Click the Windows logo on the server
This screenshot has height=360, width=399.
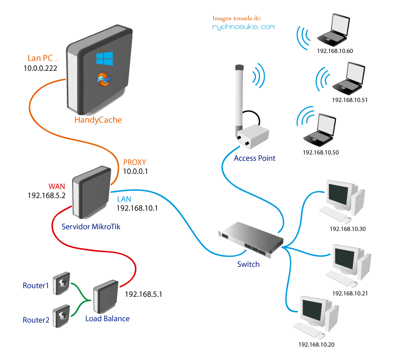104,58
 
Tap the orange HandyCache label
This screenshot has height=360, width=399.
98,120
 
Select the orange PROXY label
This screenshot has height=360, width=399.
134,163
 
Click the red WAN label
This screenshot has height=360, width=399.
57,186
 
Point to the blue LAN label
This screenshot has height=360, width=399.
124,199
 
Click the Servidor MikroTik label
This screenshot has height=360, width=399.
91,227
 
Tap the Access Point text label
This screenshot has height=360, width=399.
255,158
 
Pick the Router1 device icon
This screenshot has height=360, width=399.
61,283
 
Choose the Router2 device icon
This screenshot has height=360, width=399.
61,317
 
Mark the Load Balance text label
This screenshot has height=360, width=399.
108,319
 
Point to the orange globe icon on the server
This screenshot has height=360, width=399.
104,79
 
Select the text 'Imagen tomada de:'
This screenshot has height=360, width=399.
237,18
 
